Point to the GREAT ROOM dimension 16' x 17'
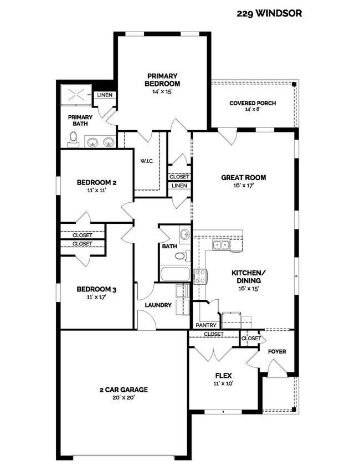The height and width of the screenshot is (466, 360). (244, 186)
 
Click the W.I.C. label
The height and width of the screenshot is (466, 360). (147, 161)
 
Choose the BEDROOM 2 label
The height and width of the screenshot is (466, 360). (96, 182)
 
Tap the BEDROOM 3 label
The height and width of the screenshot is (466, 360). (96, 289)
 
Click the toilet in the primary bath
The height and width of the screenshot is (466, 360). (74, 141)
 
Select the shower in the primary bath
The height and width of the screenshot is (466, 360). (75, 95)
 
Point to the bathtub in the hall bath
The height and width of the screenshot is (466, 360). (174, 274)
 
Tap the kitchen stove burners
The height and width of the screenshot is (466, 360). (200, 275)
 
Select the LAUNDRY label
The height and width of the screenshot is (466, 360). (158, 305)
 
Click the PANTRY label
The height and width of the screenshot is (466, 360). (206, 325)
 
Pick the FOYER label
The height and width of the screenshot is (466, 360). (277, 351)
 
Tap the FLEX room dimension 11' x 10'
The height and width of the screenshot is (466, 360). (224, 383)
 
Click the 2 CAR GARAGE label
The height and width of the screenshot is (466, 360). (123, 389)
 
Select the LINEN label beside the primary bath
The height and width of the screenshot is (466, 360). (105, 95)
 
